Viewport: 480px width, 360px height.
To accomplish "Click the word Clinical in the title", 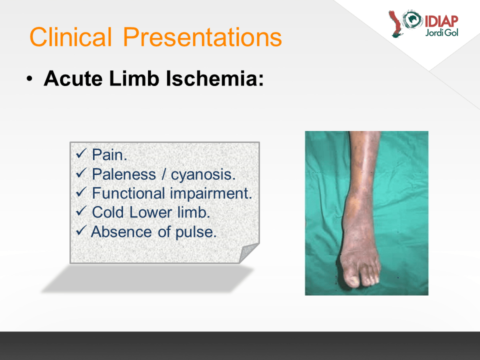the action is coord(70,36).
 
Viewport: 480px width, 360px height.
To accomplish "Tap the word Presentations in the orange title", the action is coord(202,37).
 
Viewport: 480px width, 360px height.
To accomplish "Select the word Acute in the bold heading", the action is coord(73,78).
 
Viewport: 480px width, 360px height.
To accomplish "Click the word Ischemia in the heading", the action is coord(214,78).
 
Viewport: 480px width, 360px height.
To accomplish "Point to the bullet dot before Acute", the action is coord(29,79).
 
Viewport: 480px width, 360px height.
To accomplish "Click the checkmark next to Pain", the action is coord(81,153).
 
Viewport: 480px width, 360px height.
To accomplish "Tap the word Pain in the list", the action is coord(109,154).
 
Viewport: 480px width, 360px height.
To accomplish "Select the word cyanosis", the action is coord(203,175).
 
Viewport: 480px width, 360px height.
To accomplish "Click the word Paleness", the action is coord(124,174).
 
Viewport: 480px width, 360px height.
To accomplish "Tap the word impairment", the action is coord(211,194).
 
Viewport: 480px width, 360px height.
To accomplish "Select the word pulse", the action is coord(196,232).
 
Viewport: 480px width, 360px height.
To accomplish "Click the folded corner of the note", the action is coord(248,253).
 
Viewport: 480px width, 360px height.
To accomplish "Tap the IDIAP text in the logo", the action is coord(441,21).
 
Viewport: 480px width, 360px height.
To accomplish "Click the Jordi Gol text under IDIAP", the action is coord(441,32).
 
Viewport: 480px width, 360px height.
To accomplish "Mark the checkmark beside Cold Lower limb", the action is coord(81,210).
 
